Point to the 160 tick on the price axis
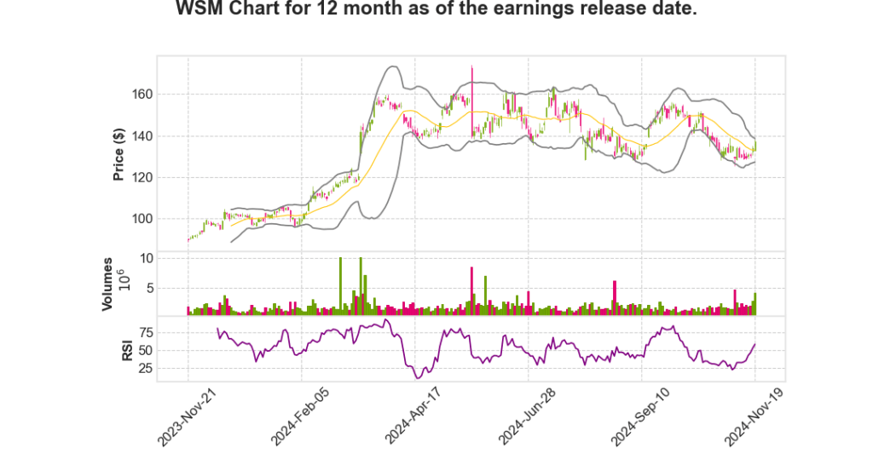click(x=142, y=95)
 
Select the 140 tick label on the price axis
click(x=142, y=136)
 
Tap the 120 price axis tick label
click(x=142, y=177)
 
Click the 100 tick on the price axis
click(x=142, y=219)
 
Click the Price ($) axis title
click(x=119, y=153)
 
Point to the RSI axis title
click(x=127, y=350)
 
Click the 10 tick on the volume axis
click(x=146, y=258)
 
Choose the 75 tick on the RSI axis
click(x=145, y=332)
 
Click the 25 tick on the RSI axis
click(x=145, y=369)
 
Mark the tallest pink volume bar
click(x=471, y=291)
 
